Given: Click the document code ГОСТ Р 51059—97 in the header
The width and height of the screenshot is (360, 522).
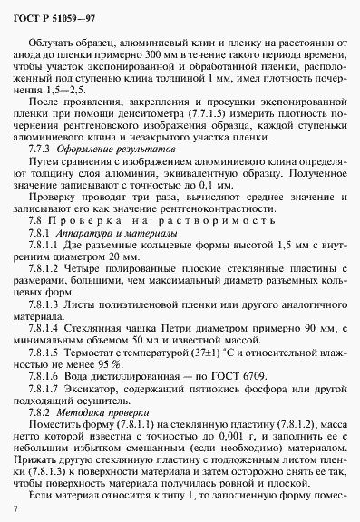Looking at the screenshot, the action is click(46, 11).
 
